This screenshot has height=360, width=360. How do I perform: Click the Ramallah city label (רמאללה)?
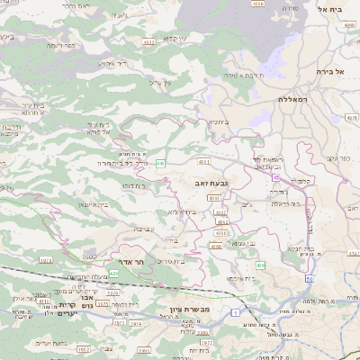[293, 99]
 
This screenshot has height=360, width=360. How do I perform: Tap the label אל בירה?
[331, 70]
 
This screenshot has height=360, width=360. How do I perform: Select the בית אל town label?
[332, 9]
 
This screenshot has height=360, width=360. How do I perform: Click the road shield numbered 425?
[113, 273]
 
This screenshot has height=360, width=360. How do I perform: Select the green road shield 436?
[260, 265]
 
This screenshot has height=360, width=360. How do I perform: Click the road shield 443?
[159, 162]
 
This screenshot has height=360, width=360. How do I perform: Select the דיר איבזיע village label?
[112, 64]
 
